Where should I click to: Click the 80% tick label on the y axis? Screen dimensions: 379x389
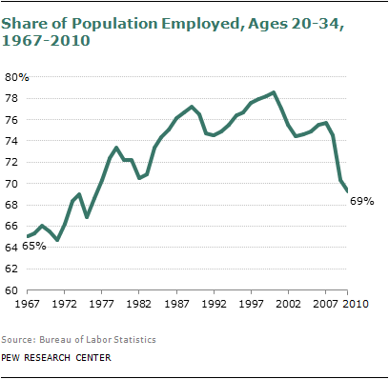[x=18, y=76]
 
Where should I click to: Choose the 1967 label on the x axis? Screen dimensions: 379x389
[x=30, y=305]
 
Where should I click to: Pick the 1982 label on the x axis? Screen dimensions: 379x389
[x=140, y=305]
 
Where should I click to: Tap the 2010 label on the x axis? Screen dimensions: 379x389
[x=347, y=305]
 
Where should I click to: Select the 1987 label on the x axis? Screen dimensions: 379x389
[x=177, y=305]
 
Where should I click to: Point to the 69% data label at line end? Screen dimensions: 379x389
[x=361, y=201]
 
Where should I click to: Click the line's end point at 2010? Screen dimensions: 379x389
[x=345, y=191]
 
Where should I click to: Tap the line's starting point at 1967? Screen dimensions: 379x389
[x=29, y=235]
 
